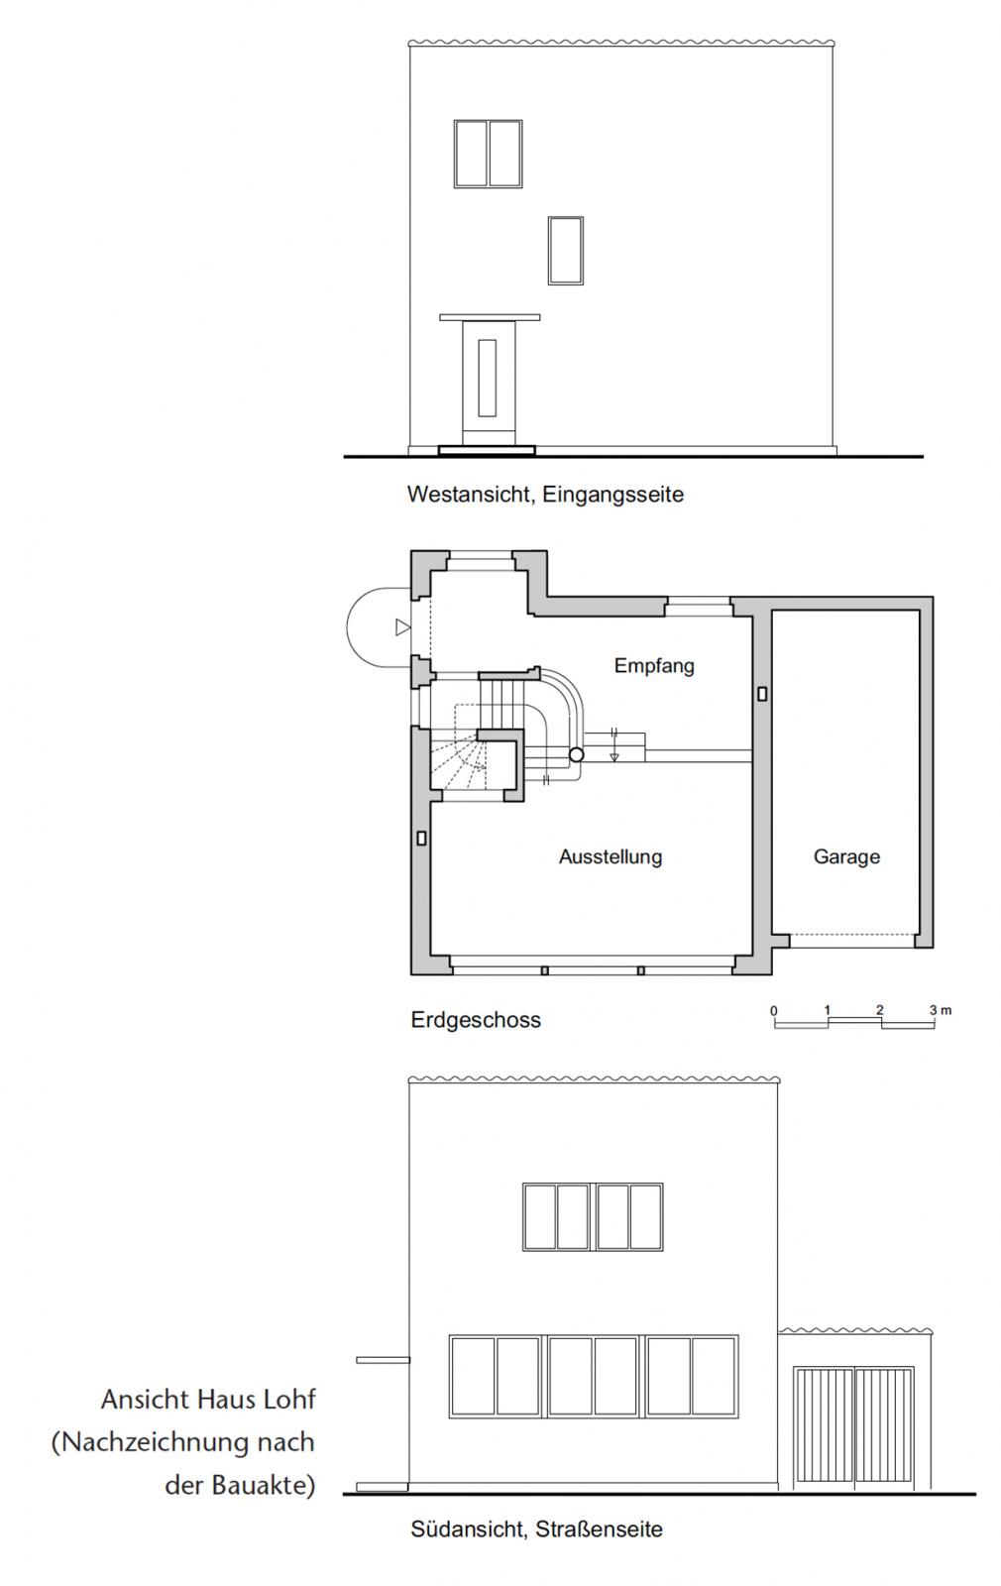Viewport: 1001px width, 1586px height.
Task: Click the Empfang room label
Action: click(x=653, y=665)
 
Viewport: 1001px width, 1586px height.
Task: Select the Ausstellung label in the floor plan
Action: click(x=610, y=856)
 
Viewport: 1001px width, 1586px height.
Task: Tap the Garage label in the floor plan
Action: click(x=846, y=856)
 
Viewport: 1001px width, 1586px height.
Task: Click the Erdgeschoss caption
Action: click(x=476, y=1020)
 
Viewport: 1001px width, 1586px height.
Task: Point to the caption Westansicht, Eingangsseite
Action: click(x=545, y=494)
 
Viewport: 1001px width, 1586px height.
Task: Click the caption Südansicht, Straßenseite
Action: click(x=536, y=1529)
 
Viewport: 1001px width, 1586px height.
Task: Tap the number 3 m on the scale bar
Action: click(x=939, y=1010)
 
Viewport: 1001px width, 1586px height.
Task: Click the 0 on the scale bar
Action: click(x=774, y=1011)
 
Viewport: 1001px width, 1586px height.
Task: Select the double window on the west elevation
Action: click(x=488, y=154)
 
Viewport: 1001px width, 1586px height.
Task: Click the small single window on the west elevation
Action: click(x=565, y=250)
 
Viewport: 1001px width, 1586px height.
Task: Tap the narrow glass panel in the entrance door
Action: click(x=487, y=378)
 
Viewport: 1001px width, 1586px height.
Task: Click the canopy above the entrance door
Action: click(x=491, y=318)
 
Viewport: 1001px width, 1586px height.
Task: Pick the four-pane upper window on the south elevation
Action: click(x=592, y=1216)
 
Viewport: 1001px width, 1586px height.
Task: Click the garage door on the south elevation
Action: click(x=853, y=1427)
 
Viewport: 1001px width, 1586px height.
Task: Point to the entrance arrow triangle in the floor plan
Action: click(x=401, y=626)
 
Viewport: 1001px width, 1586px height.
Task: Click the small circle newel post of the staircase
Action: click(x=576, y=755)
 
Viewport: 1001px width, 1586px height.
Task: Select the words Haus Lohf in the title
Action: click(x=256, y=1400)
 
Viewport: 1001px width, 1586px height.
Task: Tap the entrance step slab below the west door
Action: click(x=486, y=450)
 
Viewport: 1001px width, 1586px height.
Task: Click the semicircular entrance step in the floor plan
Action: click(x=372, y=626)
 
